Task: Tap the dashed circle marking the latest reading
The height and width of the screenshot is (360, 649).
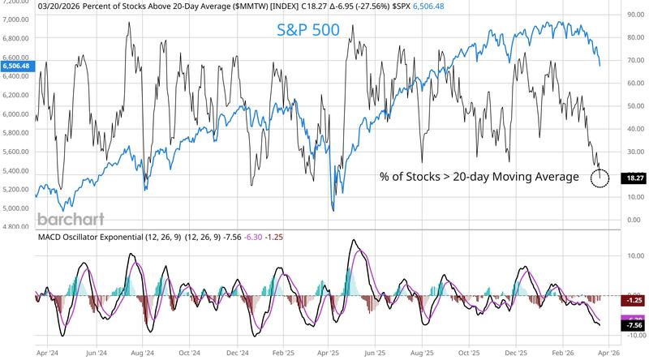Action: coord(599,178)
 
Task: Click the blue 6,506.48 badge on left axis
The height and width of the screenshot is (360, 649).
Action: coord(16,66)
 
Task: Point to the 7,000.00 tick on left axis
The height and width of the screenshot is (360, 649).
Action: coord(16,18)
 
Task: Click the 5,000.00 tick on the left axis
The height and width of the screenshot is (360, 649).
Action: coord(16,208)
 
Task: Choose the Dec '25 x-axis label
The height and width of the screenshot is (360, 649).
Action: coord(518,354)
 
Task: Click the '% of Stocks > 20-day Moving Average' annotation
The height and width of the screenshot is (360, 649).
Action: coord(479,177)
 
